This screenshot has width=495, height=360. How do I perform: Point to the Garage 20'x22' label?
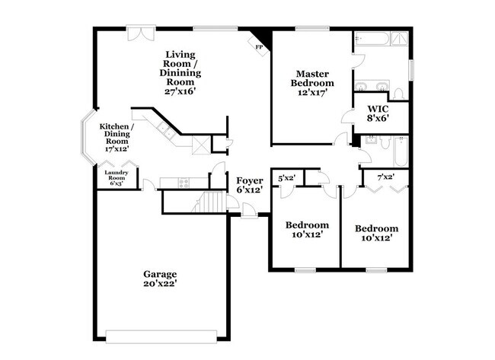pos(161,279)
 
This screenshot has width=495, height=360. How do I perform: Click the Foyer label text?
pos(249,180)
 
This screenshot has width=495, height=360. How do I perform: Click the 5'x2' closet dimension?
pos(286,178)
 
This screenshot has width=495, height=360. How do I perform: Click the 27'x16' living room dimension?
pos(181,90)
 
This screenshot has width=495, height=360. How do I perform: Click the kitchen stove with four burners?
pos(184,181)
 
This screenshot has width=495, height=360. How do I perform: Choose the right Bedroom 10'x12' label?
pos(376,234)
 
